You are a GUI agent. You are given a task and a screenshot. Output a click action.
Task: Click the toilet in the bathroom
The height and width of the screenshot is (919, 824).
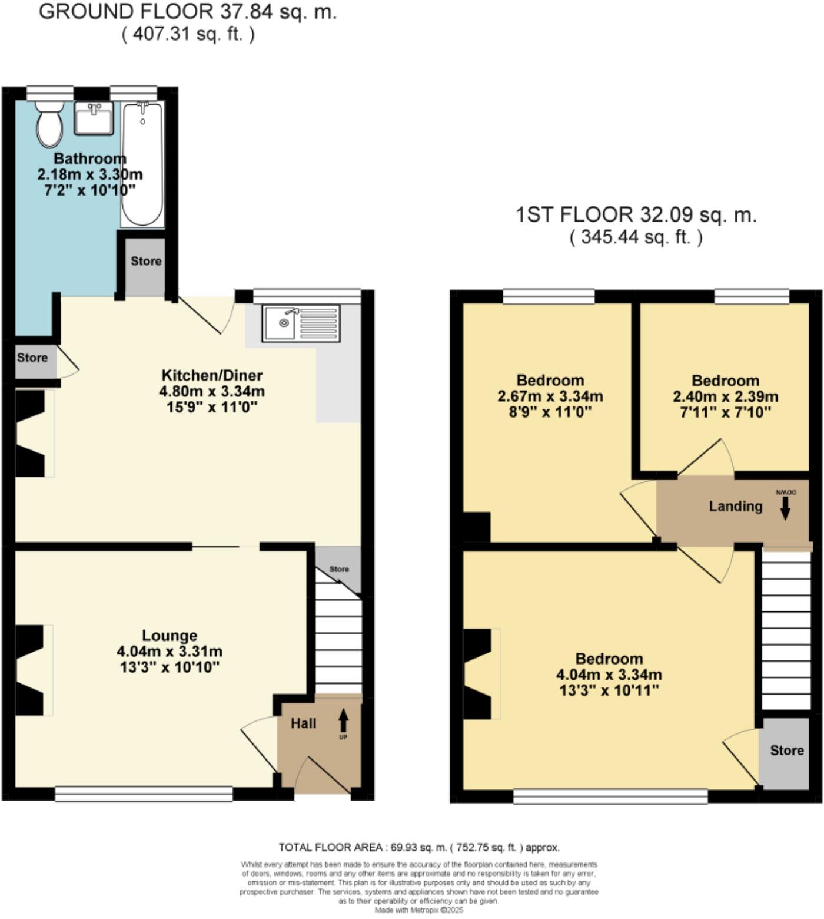pos(49,124)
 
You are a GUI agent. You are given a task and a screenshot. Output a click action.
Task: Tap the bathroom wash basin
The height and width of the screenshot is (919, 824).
pos(94,118)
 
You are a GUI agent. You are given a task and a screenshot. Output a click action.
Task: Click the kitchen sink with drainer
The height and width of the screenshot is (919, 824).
pos(301,323)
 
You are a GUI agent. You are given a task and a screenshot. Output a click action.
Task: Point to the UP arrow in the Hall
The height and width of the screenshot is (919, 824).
pos(343,721)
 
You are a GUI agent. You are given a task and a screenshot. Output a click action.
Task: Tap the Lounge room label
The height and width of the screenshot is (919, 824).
pos(170,636)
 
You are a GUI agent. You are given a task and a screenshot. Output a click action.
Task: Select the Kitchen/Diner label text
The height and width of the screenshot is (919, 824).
pos(212,375)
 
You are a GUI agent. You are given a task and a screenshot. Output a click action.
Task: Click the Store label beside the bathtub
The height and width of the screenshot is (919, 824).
pos(146,261)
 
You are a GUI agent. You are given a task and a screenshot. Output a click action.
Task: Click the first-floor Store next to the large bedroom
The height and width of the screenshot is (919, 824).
pos(786,751)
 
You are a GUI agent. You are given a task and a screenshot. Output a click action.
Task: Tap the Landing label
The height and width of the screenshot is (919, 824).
pos(735,506)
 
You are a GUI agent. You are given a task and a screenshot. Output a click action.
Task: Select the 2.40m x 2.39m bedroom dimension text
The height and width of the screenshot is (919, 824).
pos(725,396)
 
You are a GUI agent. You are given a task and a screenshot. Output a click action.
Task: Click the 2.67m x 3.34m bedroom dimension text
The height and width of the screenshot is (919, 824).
pos(550,396)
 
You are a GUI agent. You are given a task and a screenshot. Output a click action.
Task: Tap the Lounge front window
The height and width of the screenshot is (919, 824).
pos(144,794)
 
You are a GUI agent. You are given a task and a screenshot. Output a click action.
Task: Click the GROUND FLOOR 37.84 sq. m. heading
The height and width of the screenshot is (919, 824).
pos(188,12)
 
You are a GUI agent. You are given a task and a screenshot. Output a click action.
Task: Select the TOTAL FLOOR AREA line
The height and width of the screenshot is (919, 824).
pos(418,847)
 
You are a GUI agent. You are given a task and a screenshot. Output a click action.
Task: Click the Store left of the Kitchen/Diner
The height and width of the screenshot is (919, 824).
pos(32,358)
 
